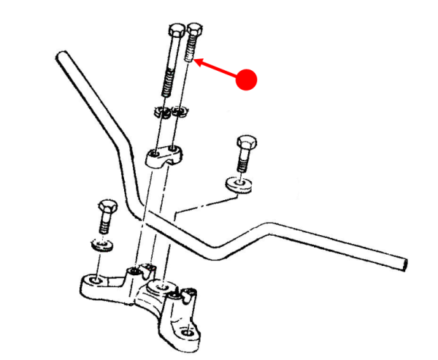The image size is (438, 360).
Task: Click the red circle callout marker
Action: [249, 78]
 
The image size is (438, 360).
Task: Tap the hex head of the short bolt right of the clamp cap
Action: [245, 142]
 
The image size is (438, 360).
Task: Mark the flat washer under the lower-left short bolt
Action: [101, 242]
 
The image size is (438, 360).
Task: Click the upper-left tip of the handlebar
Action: [61, 57]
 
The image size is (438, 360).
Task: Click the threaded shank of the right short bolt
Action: [243, 161]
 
